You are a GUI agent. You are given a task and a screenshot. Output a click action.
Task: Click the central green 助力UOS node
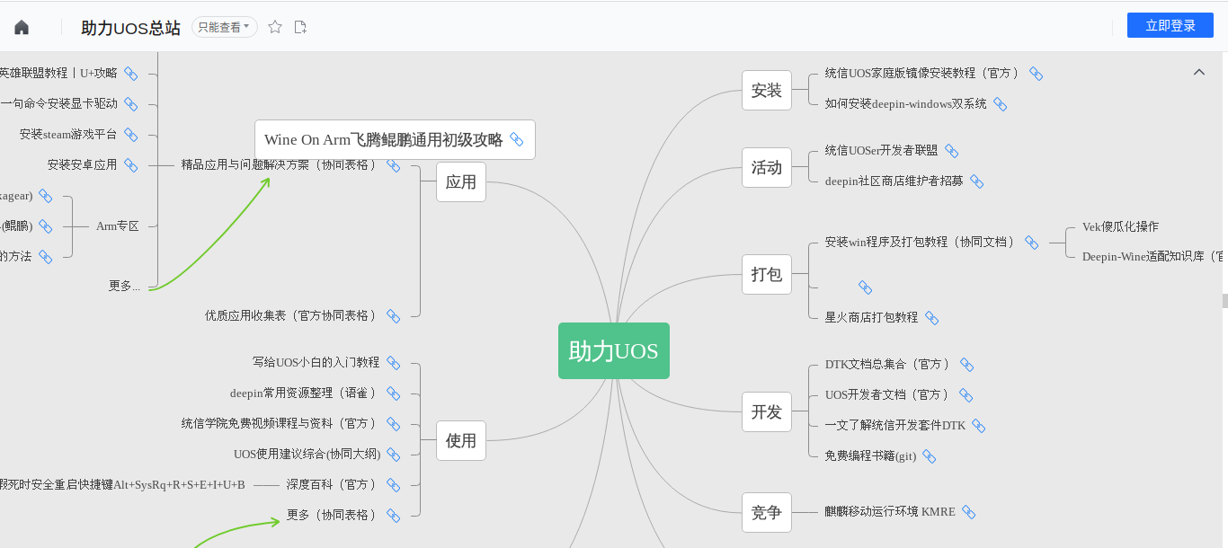(613, 350)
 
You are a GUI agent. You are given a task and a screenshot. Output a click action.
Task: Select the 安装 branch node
(766, 91)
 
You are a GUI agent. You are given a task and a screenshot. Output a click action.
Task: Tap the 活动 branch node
(766, 168)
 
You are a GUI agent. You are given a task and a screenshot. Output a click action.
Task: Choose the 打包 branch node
(766, 274)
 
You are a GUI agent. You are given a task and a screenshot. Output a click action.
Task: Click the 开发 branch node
(766, 412)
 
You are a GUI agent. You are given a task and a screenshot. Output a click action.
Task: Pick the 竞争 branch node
(766, 513)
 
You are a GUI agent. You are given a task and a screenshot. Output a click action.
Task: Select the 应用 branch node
(460, 182)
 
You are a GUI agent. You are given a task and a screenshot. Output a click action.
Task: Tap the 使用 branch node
(460, 441)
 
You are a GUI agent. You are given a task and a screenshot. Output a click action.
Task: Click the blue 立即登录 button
(1170, 26)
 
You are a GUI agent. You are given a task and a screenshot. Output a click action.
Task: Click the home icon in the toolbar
(22, 28)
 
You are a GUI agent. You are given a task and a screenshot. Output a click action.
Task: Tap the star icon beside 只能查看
(275, 27)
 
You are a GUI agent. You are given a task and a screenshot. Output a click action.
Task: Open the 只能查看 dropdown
(224, 27)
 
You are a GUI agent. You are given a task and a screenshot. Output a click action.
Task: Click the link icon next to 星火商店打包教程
(932, 318)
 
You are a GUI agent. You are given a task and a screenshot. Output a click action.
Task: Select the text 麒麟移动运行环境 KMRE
(889, 512)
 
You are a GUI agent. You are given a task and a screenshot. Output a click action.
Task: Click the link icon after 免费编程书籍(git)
(930, 456)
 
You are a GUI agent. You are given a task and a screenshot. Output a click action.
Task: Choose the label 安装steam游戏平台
(68, 135)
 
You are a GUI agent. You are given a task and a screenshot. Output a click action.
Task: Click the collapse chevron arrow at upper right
(1198, 72)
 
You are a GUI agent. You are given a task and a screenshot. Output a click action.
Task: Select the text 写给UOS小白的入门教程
(316, 362)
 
